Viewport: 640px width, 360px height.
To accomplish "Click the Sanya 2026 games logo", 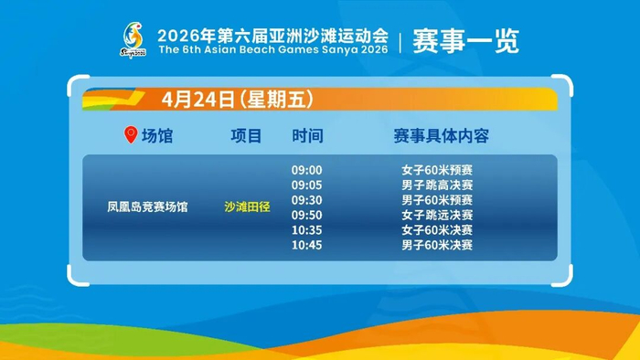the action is pyautogui.click(x=133, y=40).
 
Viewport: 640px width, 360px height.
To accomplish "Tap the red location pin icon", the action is pyautogui.click(x=131, y=135).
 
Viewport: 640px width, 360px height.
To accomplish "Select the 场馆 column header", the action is pyautogui.click(x=157, y=136).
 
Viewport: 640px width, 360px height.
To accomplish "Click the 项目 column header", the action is pyautogui.click(x=246, y=136).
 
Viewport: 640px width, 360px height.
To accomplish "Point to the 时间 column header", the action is pyautogui.click(x=307, y=136).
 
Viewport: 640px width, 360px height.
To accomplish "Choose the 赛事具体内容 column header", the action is pyautogui.click(x=442, y=136).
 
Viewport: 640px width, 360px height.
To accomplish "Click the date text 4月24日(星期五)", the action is pyautogui.click(x=238, y=99).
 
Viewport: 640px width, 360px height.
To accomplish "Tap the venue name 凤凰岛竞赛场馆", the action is pyautogui.click(x=147, y=207).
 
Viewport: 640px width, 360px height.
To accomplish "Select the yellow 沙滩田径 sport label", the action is pyautogui.click(x=247, y=207).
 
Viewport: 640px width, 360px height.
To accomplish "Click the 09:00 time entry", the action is pyautogui.click(x=306, y=170).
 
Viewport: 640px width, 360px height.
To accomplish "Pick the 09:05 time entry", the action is pyautogui.click(x=306, y=185).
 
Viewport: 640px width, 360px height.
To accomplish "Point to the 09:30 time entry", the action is pyautogui.click(x=306, y=200).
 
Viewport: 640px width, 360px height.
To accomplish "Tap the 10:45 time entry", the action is pyautogui.click(x=306, y=245).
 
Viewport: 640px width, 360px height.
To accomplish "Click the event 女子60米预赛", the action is pyautogui.click(x=437, y=170).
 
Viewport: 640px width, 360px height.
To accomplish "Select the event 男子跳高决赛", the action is pyautogui.click(x=437, y=185).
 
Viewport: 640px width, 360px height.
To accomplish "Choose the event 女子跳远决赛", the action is pyautogui.click(x=437, y=215).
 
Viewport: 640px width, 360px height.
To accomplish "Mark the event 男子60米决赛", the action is pyautogui.click(x=437, y=245).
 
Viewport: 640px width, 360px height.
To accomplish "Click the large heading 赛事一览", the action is pyautogui.click(x=465, y=41).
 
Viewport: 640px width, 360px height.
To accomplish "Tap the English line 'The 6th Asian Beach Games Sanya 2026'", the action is pyautogui.click(x=273, y=49).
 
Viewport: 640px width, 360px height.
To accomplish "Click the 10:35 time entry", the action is pyautogui.click(x=306, y=230).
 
